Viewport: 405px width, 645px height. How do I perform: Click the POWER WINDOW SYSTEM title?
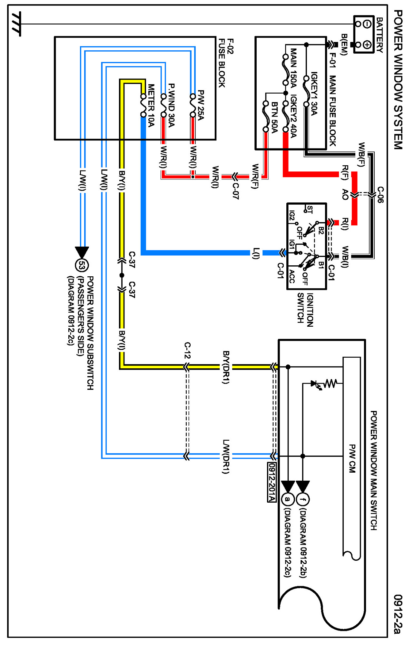pos(398,79)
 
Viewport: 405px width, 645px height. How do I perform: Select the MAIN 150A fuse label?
pos(293,68)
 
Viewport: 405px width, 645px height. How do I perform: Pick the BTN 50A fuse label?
pos(274,118)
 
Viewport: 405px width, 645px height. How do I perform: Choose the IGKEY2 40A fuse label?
pos(293,116)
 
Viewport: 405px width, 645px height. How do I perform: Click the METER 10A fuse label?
pos(151,105)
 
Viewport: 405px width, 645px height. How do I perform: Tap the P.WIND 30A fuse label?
pos(171,105)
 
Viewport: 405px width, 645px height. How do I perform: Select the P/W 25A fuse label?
pos(201,105)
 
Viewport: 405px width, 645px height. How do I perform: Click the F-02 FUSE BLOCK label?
pos(226,63)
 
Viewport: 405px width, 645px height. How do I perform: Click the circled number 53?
pos(82,265)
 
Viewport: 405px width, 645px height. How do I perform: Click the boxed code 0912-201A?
pos(272,482)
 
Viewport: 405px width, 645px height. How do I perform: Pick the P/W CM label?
pos(352,458)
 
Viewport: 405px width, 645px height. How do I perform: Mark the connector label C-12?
pos(187,351)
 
